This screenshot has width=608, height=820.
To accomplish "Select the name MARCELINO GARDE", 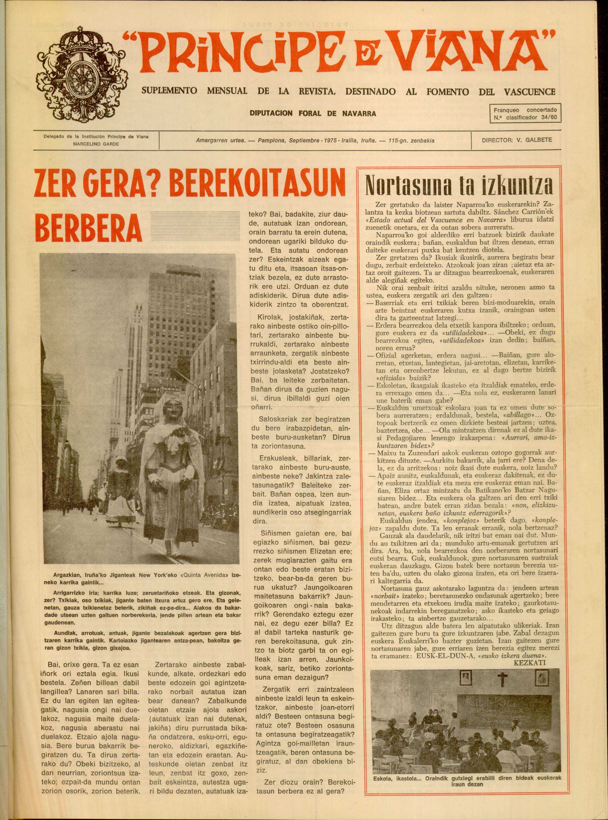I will pos(96,144).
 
